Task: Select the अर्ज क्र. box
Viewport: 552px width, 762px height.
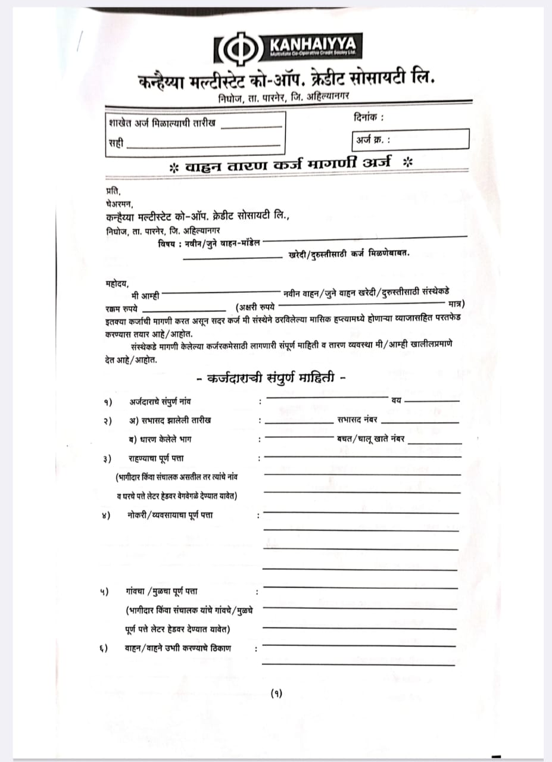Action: (x=410, y=140)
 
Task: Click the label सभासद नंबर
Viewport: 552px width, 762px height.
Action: (x=357, y=420)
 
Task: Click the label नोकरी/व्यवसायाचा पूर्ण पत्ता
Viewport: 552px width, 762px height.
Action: (x=170, y=514)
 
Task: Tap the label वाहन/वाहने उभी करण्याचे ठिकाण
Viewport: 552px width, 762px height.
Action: (x=178, y=648)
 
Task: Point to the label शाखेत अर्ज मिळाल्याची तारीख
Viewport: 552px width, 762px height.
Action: (x=162, y=124)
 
